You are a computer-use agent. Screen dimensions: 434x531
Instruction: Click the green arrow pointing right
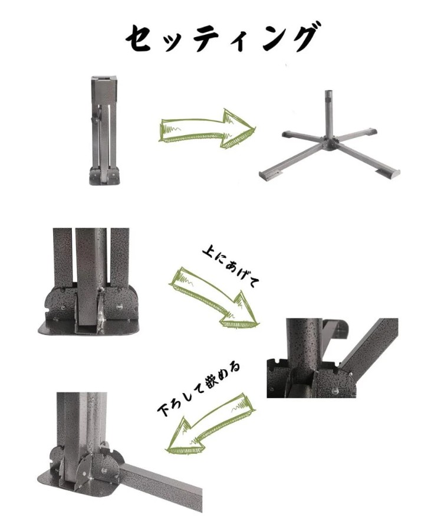pos(207,129)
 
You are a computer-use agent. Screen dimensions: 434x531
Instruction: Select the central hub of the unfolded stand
pos(330,143)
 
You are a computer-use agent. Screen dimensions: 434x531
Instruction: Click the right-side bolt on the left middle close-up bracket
pos(119,307)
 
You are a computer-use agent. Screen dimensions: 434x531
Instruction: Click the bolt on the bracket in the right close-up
pos(335,391)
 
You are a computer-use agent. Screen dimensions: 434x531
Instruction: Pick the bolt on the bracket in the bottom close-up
pos(104,471)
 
